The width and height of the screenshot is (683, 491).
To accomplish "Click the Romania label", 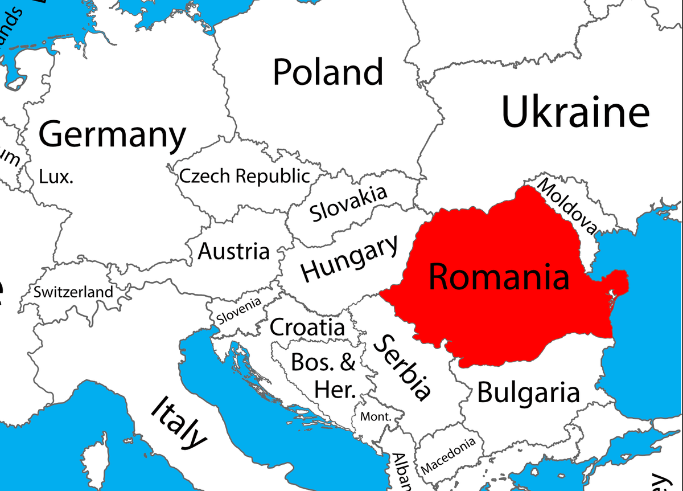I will [x=499, y=277].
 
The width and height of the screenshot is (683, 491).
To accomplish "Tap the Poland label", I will [x=328, y=72].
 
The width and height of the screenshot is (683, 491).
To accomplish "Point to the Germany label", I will [x=112, y=135].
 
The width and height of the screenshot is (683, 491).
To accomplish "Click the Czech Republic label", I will [x=245, y=176].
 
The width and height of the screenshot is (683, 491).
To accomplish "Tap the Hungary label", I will [x=349, y=258].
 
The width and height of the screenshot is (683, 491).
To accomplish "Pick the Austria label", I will [x=233, y=251].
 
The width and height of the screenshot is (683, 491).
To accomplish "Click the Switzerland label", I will [x=73, y=292].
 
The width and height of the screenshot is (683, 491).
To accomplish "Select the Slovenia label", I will [x=239, y=311].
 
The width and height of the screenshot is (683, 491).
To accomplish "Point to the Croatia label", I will [x=307, y=328].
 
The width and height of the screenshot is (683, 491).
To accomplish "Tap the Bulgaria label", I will [x=528, y=392].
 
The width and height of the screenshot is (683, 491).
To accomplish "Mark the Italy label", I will [x=178, y=422].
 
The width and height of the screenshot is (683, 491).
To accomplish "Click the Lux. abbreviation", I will [x=56, y=177].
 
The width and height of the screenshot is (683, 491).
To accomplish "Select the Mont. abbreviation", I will [x=376, y=416].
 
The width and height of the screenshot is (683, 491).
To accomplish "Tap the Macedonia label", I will [x=448, y=456].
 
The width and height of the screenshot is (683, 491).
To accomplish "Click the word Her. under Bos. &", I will [x=335, y=390].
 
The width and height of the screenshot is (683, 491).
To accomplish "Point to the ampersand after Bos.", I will [x=348, y=362].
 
